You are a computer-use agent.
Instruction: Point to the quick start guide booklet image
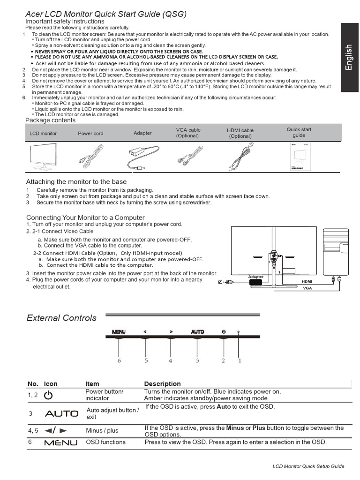(299, 157)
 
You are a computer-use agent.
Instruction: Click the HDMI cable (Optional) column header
(240, 133)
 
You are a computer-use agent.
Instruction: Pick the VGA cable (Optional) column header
(188, 133)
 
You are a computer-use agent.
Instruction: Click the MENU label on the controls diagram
(119, 332)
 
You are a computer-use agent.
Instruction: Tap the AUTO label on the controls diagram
(197, 332)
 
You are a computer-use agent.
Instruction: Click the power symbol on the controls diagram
(224, 332)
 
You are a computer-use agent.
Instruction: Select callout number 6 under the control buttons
(119, 360)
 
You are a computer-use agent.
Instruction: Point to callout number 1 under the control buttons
(240, 360)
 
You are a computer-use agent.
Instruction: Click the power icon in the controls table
(48, 395)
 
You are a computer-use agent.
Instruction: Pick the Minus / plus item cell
(102, 430)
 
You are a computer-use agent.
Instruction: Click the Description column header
(162, 383)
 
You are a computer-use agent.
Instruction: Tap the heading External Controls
(61, 318)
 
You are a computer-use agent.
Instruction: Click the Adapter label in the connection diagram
(256, 277)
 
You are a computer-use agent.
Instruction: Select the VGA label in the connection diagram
(307, 288)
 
